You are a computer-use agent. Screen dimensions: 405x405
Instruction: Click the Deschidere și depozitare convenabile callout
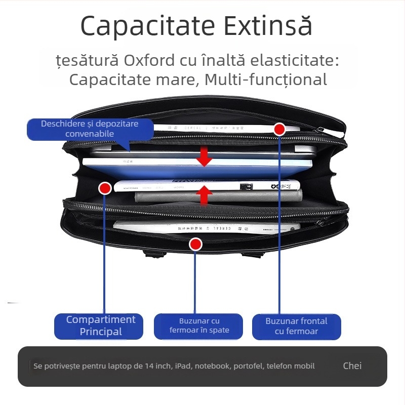point(90,129)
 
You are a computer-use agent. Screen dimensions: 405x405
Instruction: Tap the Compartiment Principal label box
point(101,326)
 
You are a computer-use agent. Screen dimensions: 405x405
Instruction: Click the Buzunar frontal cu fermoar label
point(296,326)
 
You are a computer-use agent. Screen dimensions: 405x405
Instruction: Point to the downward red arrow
point(204,156)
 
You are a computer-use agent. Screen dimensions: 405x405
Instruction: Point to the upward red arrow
point(204,195)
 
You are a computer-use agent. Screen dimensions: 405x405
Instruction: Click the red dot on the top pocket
point(279,129)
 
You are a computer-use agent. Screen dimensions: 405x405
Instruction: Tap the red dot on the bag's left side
point(105,188)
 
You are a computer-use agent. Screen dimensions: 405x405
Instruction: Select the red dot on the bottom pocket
point(195,245)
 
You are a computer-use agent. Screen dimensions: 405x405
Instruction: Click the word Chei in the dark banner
point(352,366)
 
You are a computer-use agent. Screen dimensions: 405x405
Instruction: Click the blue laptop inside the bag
point(197,169)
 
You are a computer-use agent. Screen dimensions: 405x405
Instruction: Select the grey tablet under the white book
point(218,196)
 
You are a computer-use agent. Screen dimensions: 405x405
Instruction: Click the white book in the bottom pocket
point(202,227)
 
